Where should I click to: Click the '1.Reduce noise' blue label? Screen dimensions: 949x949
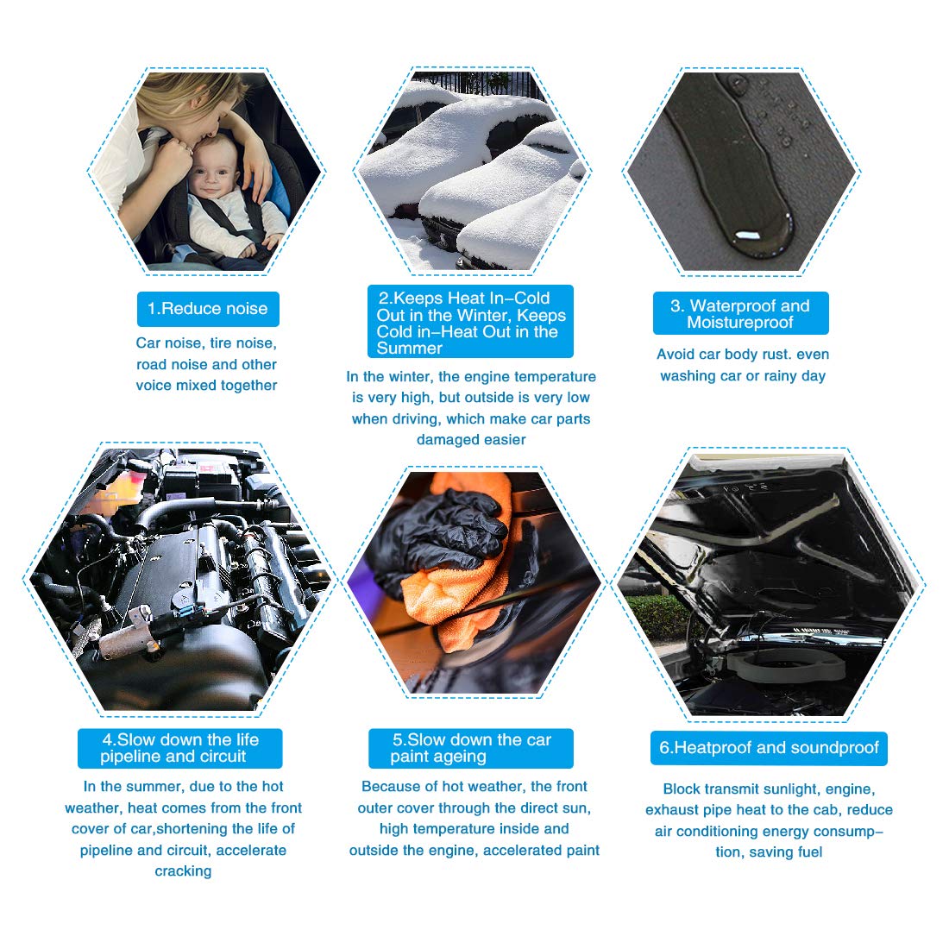(208, 309)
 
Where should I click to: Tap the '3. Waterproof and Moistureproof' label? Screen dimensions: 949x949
(740, 314)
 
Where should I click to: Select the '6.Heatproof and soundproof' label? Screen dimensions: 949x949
(769, 748)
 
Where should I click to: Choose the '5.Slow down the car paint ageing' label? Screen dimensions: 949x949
(470, 748)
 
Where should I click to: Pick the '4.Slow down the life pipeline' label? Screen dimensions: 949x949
(179, 748)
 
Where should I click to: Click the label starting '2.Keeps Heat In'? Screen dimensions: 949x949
(470, 323)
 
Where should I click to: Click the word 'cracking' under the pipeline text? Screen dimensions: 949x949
(183, 871)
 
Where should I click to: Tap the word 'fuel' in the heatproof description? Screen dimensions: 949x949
(809, 852)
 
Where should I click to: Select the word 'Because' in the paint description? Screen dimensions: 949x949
(388, 787)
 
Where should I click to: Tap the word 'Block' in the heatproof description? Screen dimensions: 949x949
(682, 789)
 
